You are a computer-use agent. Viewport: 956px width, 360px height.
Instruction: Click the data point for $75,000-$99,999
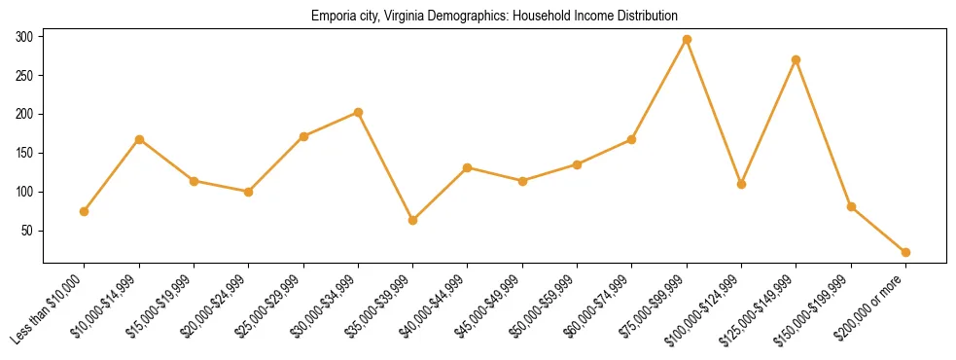click(x=687, y=39)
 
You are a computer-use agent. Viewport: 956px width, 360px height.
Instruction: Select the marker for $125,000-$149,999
click(x=797, y=59)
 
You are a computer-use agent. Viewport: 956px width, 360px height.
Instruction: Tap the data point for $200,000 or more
click(x=906, y=252)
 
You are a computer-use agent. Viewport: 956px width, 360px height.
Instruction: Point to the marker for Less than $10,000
click(x=85, y=211)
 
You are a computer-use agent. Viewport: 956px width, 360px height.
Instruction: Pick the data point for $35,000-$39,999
click(x=413, y=220)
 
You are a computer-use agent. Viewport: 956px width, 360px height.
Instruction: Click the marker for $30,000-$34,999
click(x=358, y=112)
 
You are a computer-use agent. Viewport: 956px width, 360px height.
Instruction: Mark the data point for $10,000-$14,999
click(x=139, y=139)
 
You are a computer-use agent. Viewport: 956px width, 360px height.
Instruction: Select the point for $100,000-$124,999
click(x=741, y=184)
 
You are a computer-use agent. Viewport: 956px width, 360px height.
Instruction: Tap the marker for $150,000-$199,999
click(x=851, y=206)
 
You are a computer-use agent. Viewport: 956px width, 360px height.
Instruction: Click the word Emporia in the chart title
click(x=332, y=17)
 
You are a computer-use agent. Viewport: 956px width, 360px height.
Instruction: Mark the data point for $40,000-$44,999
click(x=468, y=167)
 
